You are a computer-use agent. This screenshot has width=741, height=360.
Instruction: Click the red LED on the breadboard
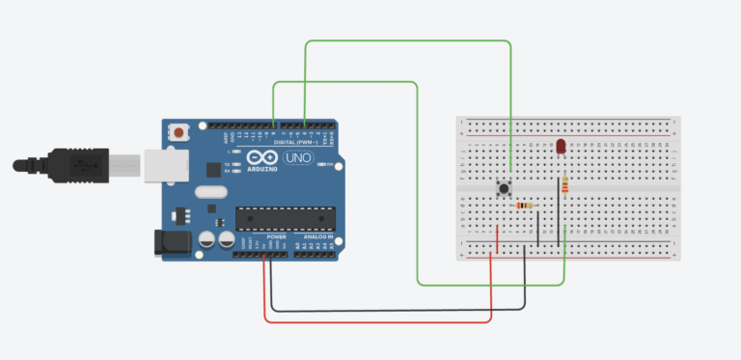coord(561,146)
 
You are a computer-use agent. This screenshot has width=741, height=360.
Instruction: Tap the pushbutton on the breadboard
coord(503,189)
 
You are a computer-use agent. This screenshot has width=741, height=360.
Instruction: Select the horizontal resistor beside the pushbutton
coord(525,205)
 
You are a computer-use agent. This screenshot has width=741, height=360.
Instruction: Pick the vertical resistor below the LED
coord(563,185)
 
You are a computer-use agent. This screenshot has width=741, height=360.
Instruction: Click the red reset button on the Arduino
coord(179,131)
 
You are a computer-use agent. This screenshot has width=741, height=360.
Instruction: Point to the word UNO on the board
coord(296,157)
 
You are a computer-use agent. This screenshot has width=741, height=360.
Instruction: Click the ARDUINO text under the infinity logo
coord(261,169)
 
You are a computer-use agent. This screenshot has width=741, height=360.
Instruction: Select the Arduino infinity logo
coord(261,157)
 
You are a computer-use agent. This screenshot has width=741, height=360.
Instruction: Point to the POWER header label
coord(276,236)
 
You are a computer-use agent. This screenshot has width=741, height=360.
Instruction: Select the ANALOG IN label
coord(317,236)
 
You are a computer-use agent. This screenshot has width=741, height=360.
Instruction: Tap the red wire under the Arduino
coord(376,321)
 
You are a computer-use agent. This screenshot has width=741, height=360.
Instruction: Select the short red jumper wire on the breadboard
coord(497,238)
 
